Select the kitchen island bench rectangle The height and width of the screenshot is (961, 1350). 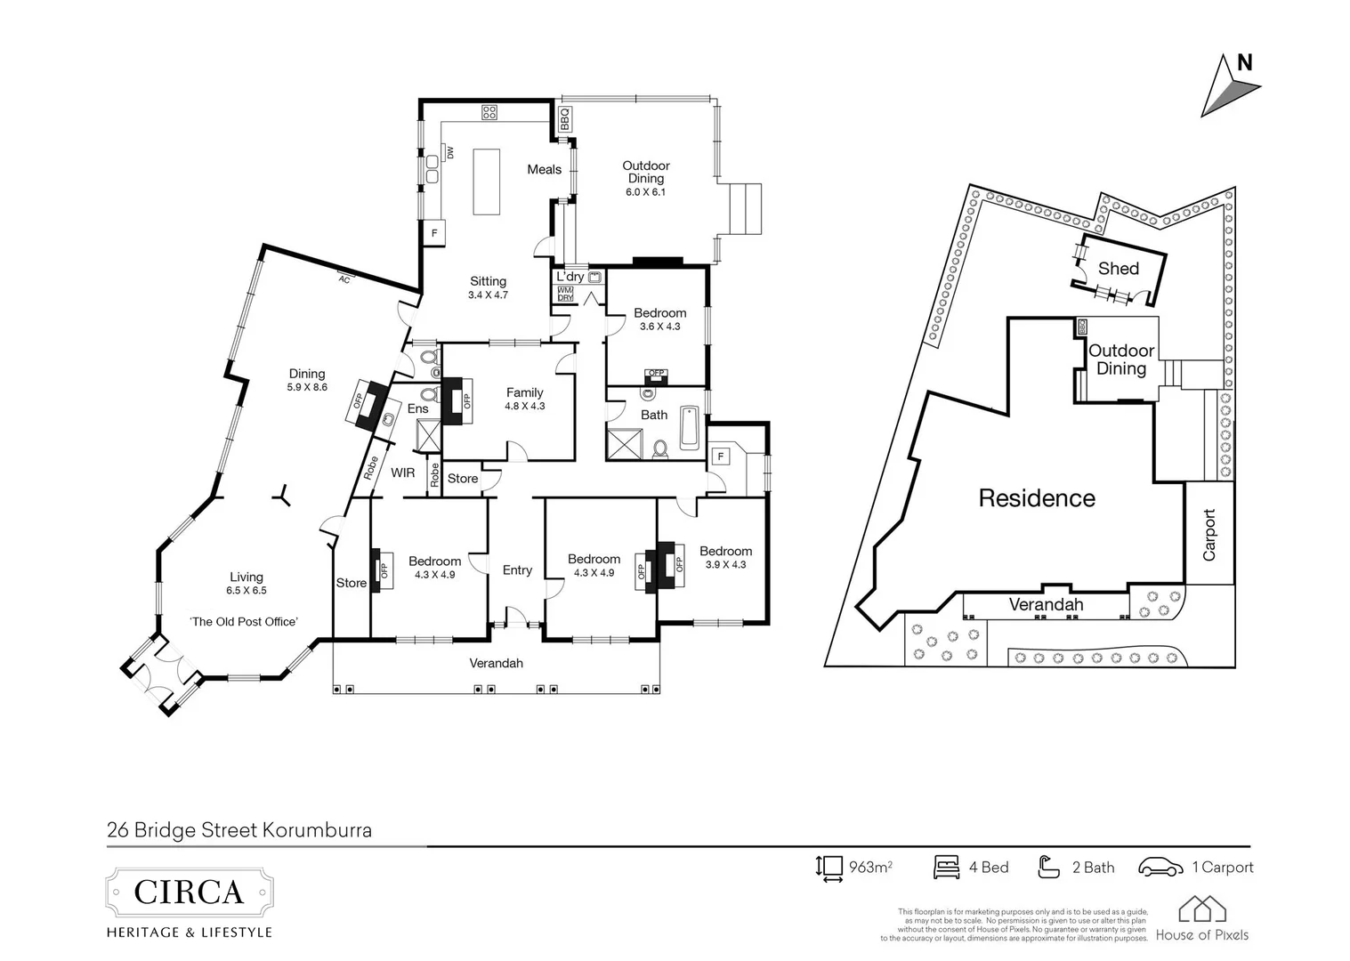coord(486,181)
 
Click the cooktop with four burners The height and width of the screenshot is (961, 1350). coord(489,112)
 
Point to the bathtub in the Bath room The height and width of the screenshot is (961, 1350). coord(690,428)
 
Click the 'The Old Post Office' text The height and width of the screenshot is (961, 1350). coord(244,622)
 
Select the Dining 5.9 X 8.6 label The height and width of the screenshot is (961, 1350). coord(307,380)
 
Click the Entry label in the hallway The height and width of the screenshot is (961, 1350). coord(517,570)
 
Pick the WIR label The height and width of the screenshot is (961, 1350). coord(402,472)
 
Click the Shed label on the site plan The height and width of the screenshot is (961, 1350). coord(1118,269)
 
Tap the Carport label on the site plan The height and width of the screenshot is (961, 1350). coord(1209,535)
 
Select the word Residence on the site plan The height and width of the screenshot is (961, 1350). coord(1037,498)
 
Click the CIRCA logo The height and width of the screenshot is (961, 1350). coord(189,892)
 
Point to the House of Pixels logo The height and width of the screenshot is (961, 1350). coord(1202,920)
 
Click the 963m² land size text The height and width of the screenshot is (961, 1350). coord(869,867)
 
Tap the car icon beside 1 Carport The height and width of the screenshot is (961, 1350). coord(1160,867)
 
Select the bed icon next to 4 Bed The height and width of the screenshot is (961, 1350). coord(946,867)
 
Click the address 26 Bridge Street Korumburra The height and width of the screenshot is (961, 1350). coord(238,830)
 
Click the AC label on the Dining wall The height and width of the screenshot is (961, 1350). coord(344,279)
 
